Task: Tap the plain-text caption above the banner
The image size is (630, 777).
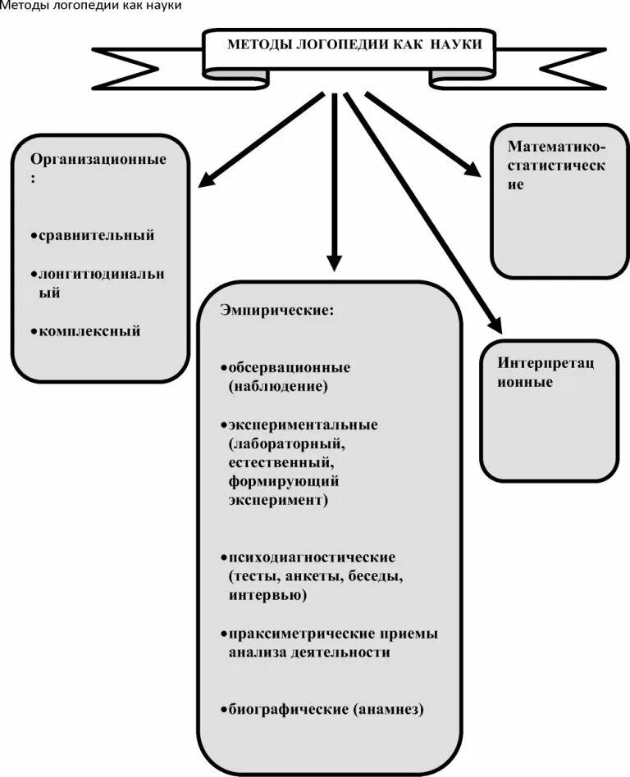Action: (90, 7)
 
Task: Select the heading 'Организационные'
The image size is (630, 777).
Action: (98, 159)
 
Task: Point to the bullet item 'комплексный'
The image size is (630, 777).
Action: (90, 332)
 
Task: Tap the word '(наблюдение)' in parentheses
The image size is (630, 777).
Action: (279, 385)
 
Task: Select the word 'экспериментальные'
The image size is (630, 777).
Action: (304, 425)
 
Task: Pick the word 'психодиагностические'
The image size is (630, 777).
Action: (313, 557)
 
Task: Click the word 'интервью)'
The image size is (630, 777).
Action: (268, 596)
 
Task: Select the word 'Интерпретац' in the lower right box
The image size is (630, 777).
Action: (546, 363)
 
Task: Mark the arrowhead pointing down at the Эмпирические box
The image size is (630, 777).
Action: (333, 262)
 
